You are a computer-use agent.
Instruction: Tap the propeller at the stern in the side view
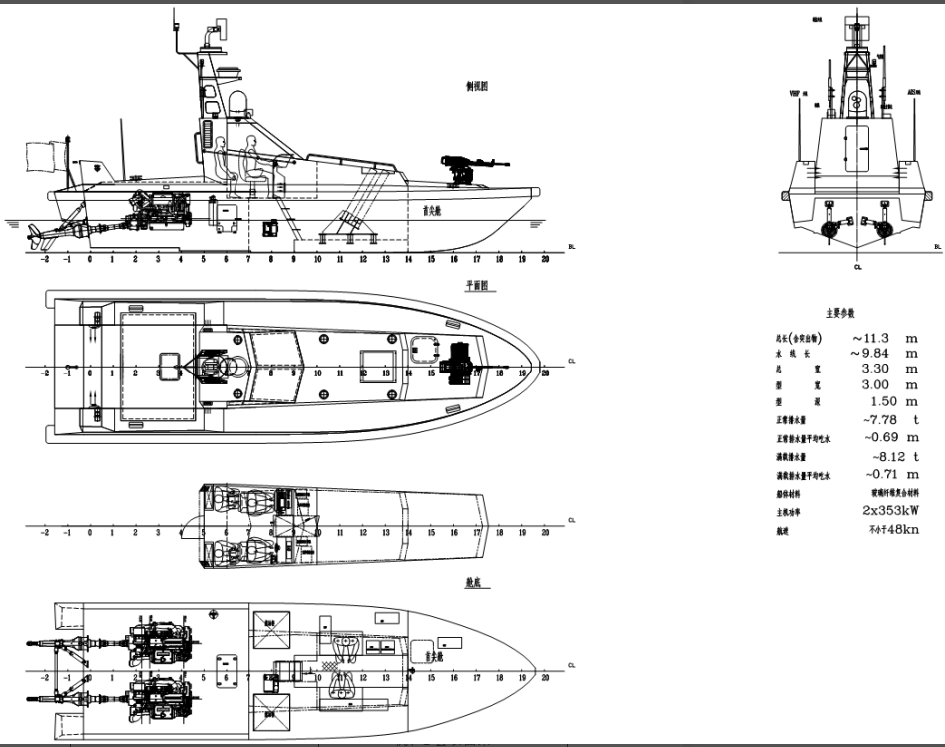37,237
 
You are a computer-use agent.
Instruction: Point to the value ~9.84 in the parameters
868,353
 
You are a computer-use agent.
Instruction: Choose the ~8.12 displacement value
880,456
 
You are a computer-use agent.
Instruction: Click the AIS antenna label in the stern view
913,92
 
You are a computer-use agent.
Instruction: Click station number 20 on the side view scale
545,258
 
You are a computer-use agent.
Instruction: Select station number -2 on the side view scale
44,258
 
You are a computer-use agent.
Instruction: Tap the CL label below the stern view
857,267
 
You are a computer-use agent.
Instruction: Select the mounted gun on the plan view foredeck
459,359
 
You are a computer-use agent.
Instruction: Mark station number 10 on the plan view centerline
317,373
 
